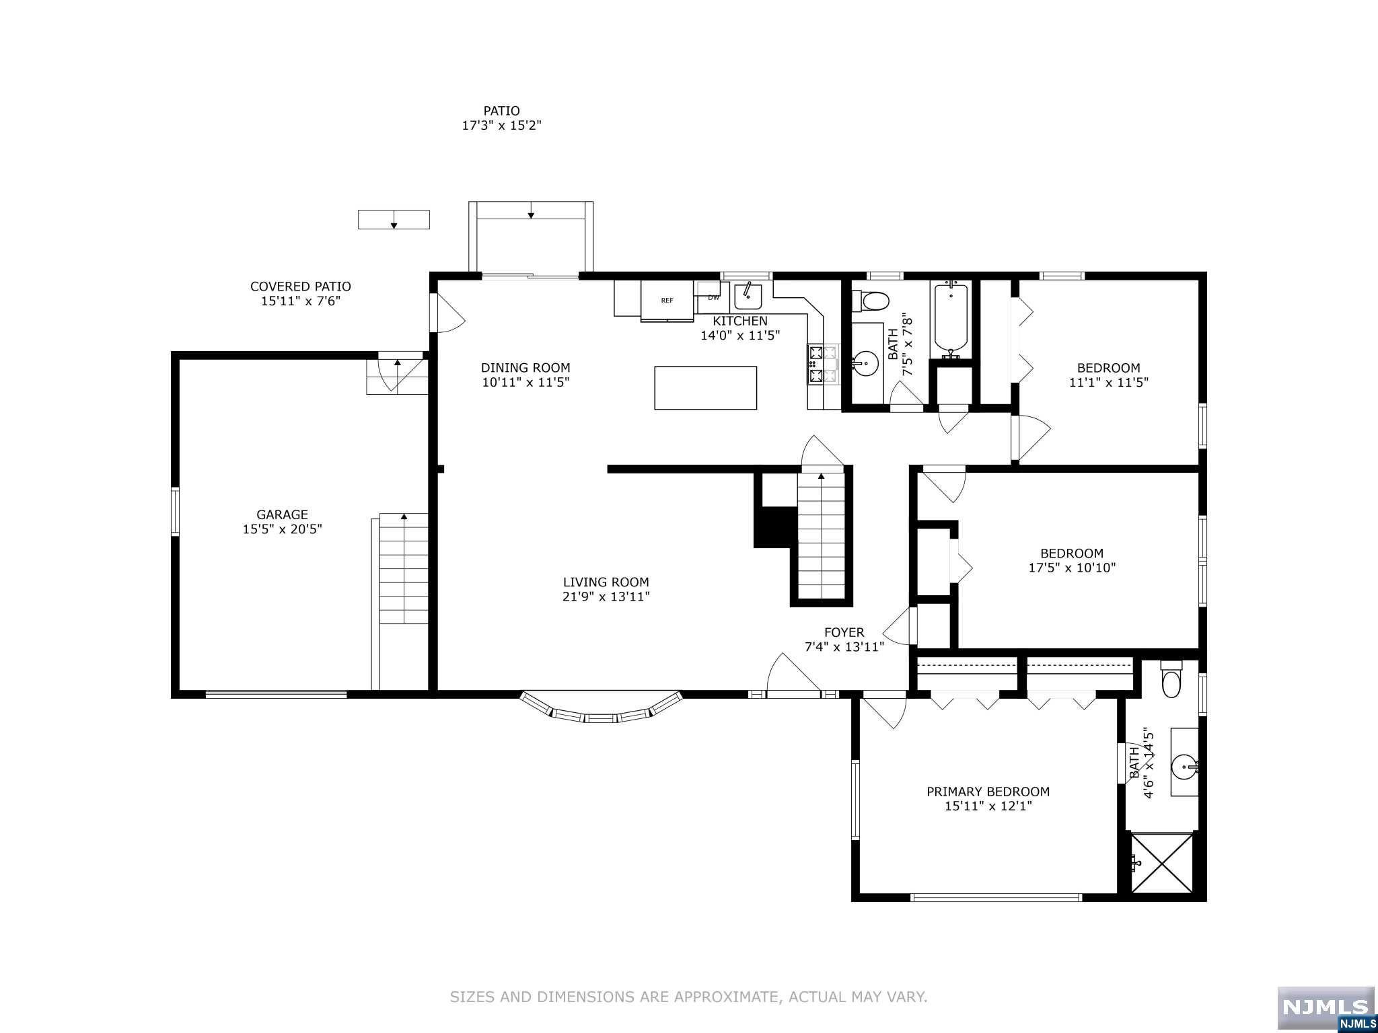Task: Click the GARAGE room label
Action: tap(282, 515)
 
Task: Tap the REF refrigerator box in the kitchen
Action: tap(667, 301)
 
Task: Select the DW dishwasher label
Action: tap(713, 297)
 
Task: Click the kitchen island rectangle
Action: tap(706, 388)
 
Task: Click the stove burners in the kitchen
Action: tap(823, 365)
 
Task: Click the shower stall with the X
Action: tap(1161, 864)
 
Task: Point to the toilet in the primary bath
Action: tap(1171, 679)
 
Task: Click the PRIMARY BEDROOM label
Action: tap(988, 792)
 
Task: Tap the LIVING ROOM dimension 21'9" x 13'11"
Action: tap(606, 597)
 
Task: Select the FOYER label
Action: tap(844, 632)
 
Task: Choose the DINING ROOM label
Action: tap(525, 368)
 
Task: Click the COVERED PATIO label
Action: tap(301, 286)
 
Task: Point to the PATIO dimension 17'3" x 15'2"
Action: tap(501, 125)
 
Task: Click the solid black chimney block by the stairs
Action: tap(775, 526)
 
